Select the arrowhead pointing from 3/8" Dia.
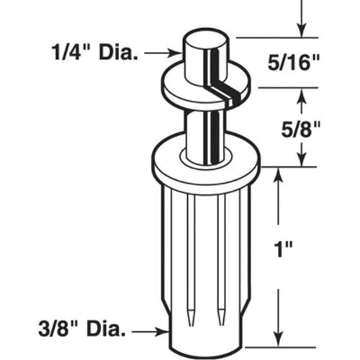tap(165, 332)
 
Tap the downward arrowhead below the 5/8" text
tap(302, 160)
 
